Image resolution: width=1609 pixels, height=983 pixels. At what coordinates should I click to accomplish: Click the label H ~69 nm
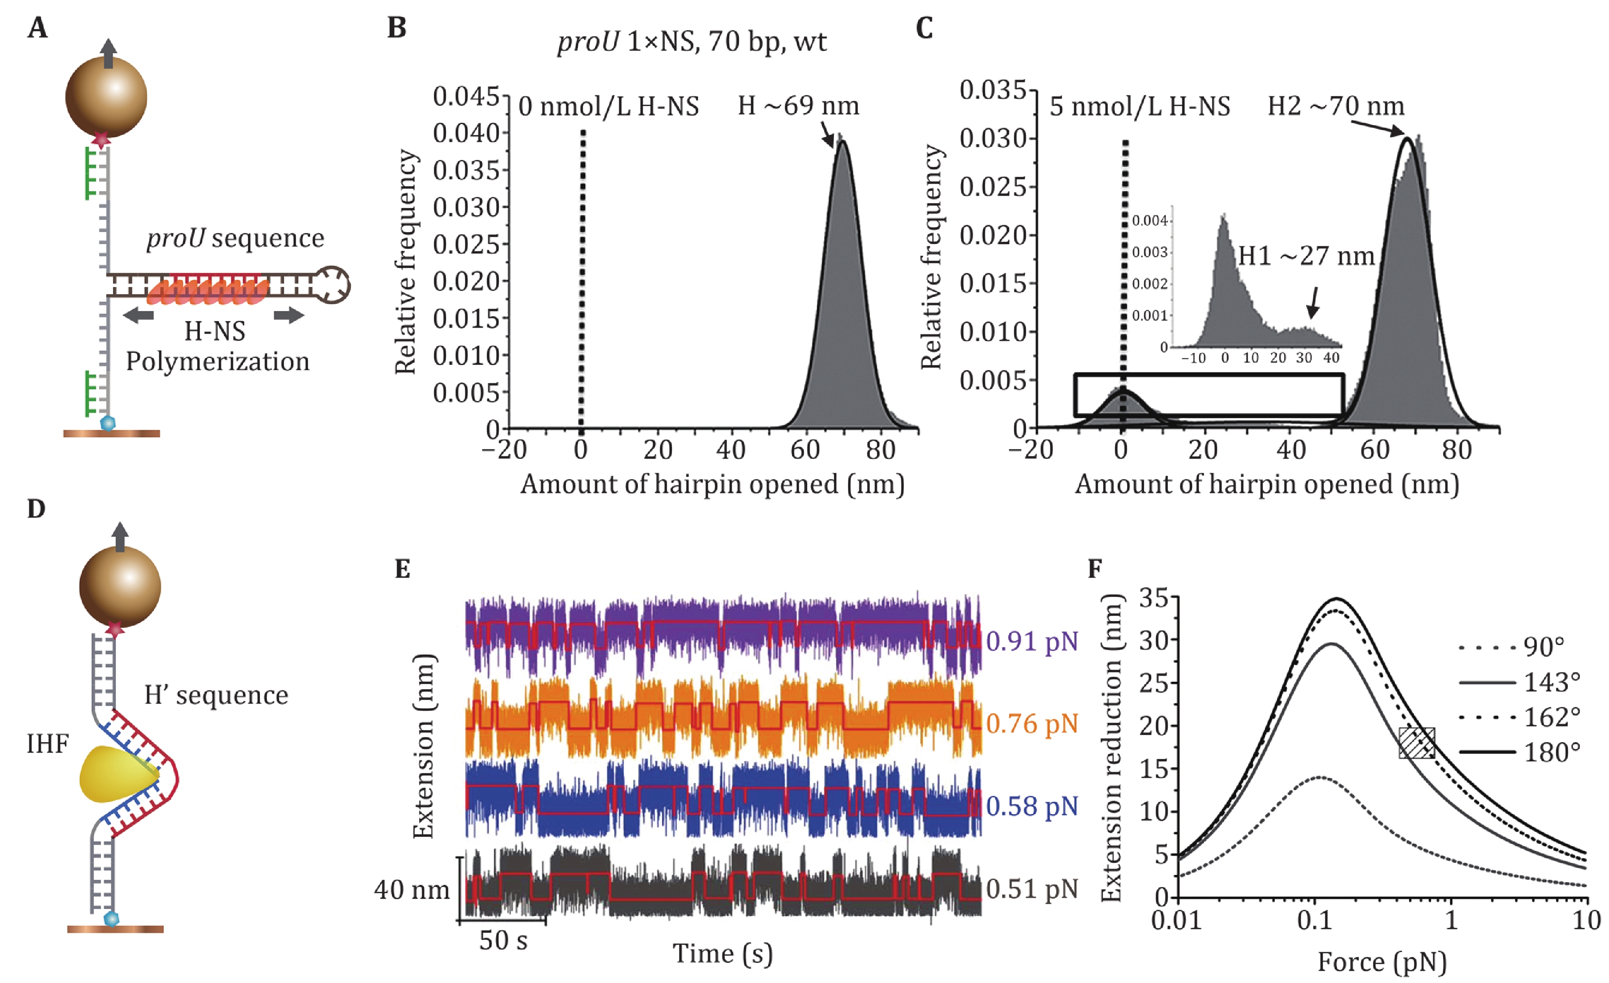[x=798, y=106]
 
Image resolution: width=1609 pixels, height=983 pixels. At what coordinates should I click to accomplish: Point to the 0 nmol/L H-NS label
[x=608, y=106]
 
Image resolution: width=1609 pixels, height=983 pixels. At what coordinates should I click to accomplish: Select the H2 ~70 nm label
[x=1335, y=106]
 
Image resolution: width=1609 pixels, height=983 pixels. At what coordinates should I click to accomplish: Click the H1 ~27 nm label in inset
[x=1306, y=256]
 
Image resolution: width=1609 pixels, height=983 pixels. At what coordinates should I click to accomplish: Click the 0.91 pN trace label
[x=1032, y=641]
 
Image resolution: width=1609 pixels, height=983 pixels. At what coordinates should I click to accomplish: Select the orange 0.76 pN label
[x=1032, y=724]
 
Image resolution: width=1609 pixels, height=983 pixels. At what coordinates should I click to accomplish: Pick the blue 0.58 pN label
[x=1032, y=807]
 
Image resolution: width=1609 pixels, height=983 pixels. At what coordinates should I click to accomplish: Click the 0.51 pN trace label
[x=1032, y=889]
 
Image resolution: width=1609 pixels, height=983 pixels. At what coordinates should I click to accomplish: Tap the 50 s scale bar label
[x=503, y=941]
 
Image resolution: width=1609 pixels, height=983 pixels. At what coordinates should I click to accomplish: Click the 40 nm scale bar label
[x=412, y=890]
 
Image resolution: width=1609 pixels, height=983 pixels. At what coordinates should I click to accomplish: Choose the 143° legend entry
[x=1551, y=683]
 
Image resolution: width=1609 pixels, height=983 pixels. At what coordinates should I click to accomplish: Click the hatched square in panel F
[x=1416, y=743]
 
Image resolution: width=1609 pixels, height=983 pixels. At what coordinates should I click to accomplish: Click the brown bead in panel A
[x=106, y=97]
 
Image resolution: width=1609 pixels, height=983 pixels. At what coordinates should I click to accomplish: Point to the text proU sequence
[x=235, y=238]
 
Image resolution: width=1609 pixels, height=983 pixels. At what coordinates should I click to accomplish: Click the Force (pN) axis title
[x=1382, y=961]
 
